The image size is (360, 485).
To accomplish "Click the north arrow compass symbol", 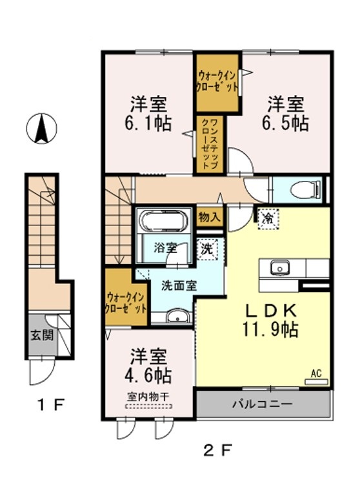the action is coord(41,128).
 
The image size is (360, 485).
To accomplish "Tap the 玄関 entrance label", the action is coord(42,335).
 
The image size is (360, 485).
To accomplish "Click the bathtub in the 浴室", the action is coord(163,220).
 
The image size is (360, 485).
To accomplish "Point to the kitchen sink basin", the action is coord(280,267).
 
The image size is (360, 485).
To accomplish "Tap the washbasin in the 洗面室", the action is coord(177,316).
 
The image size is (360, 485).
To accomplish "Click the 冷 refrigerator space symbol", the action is coord(268,218).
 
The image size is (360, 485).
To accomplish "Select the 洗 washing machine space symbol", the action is coord(207,249).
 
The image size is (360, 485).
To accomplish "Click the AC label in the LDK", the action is coord(316,373).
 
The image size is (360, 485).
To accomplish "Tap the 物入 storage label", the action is coord(209,217).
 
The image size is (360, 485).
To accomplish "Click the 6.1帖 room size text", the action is coord(148,123).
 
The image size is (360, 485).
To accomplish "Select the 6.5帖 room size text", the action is coord(285,123).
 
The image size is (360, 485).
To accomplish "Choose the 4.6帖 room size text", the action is coord(148,375).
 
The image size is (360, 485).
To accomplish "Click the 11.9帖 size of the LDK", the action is coord(270,329).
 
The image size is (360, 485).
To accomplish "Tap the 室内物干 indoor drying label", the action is coord(148,397).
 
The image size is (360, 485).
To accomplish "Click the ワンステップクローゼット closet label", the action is coord(210,143).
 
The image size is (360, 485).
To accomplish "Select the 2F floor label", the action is coord(217,450).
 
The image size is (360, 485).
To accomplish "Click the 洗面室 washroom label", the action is coord(179,286).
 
